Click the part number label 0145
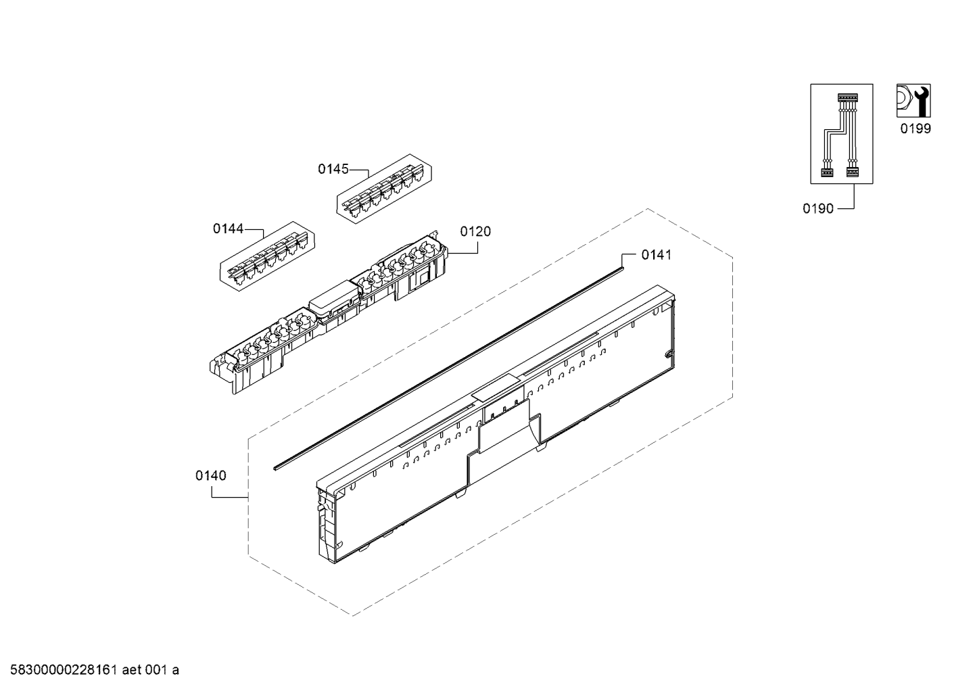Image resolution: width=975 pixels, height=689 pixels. coord(333,169)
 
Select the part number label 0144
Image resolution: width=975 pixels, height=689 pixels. coord(228,229)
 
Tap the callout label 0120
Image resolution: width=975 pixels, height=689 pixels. coord(475,231)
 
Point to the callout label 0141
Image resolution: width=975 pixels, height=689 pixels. coord(656,254)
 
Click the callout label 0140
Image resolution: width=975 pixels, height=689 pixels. coord(211,475)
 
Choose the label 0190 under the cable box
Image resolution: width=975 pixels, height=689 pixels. coord(817,209)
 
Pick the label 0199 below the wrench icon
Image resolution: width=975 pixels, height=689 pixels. coord(915,128)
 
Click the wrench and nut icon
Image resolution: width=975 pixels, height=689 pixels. coord(913,101)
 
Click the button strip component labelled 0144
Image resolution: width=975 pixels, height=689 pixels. coord(268,257)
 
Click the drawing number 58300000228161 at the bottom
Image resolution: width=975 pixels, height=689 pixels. coord(62,670)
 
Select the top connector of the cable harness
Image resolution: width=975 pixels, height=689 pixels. coord(847,99)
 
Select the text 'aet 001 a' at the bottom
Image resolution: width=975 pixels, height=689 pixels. coord(153,670)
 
